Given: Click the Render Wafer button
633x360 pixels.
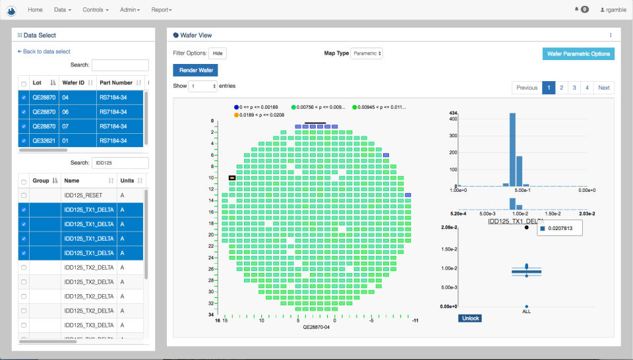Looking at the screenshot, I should point(195,69).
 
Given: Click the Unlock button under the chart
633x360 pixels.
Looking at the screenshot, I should point(469,318).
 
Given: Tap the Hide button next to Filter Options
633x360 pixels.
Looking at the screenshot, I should point(218,53).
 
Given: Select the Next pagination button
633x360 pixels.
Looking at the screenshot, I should point(603,88).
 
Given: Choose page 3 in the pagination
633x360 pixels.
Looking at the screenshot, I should point(574,88).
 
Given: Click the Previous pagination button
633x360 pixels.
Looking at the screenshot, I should point(526,88).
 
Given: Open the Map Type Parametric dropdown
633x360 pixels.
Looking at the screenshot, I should point(367,53).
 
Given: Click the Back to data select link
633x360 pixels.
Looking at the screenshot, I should point(44,51).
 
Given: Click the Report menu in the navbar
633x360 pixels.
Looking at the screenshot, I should point(161,10).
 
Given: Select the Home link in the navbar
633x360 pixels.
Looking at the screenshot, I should point(36,10).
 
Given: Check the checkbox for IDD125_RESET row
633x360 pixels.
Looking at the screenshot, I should point(24,195).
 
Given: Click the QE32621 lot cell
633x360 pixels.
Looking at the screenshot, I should point(44,140).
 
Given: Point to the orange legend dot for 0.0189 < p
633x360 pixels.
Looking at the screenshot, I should point(235,115).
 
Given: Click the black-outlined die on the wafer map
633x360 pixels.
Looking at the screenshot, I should point(232,178).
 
